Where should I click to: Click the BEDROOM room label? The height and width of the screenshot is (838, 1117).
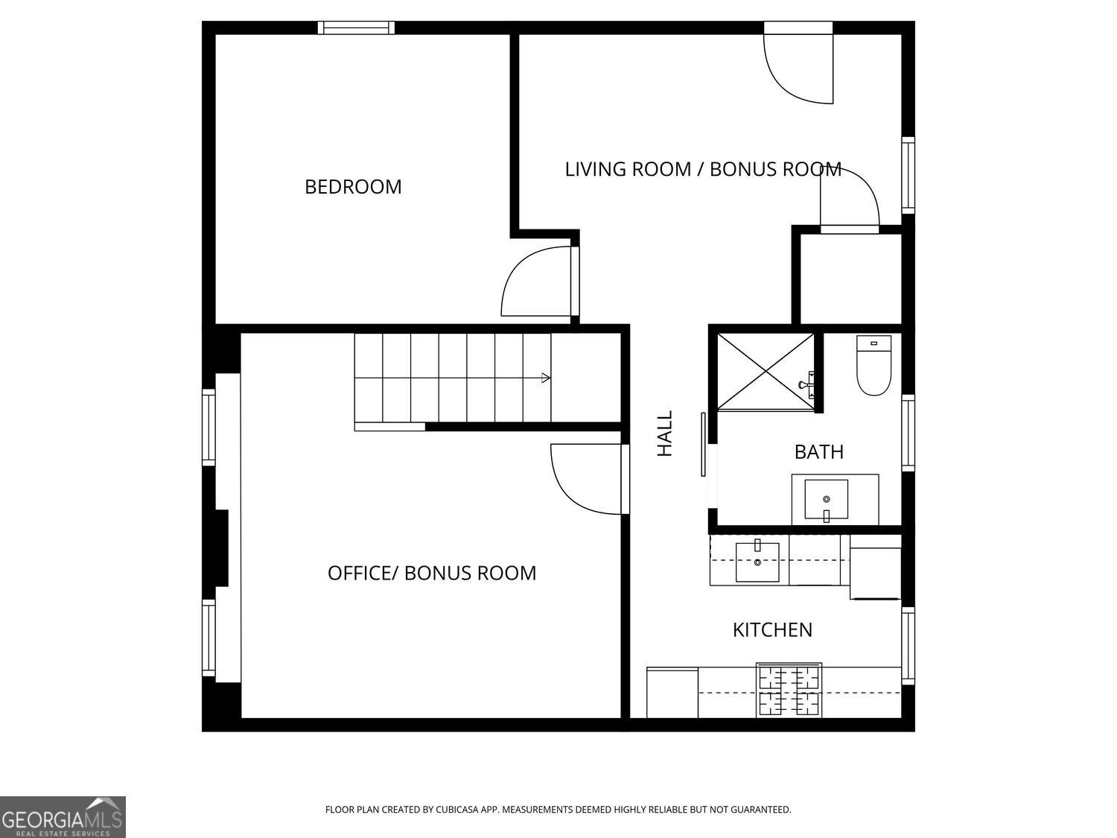[x=353, y=186]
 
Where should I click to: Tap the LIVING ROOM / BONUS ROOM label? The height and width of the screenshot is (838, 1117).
[x=703, y=169]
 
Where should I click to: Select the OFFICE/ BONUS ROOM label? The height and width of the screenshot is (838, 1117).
[x=432, y=573]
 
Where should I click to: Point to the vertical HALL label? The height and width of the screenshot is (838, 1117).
[x=664, y=434]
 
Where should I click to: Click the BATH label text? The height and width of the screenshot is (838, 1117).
[x=818, y=452]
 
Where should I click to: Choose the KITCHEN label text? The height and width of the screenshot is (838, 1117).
[x=772, y=630]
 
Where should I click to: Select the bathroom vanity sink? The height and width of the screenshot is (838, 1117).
[x=826, y=499]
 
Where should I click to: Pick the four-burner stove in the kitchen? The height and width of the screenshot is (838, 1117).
[x=789, y=691]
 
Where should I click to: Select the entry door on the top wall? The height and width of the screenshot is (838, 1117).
[x=798, y=67]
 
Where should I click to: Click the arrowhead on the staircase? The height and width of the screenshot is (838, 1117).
[x=546, y=378]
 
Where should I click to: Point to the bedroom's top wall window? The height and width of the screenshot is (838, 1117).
[x=356, y=28]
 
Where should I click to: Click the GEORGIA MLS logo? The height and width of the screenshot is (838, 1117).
[x=63, y=817]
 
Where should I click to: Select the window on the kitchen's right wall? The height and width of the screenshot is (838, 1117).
[x=908, y=646]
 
